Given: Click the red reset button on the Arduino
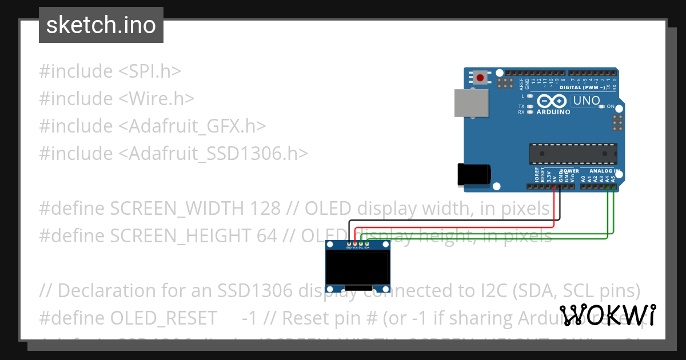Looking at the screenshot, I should pyautogui.click(x=480, y=77).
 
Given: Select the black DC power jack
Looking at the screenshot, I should pyautogui.click(x=474, y=174).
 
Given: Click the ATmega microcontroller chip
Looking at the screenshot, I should pyautogui.click(x=573, y=154).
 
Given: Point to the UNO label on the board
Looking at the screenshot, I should pyautogui.click(x=586, y=101).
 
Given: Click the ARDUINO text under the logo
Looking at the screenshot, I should pyautogui.click(x=553, y=112).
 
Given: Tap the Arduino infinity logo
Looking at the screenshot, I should pyautogui.click(x=552, y=101).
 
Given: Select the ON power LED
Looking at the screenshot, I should pyautogui.click(x=603, y=107).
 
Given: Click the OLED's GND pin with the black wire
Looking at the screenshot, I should pyautogui.click(x=349, y=244).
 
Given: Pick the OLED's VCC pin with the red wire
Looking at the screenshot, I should pyautogui.click(x=355, y=244).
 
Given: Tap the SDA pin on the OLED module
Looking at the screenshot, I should pyautogui.click(x=368, y=244).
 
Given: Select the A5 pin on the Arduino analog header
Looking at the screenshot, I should pyautogui.click(x=613, y=186).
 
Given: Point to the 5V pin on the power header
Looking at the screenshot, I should pyautogui.click(x=554, y=186).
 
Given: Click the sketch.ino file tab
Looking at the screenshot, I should pyautogui.click(x=101, y=25).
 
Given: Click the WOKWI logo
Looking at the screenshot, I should pyautogui.click(x=607, y=314).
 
